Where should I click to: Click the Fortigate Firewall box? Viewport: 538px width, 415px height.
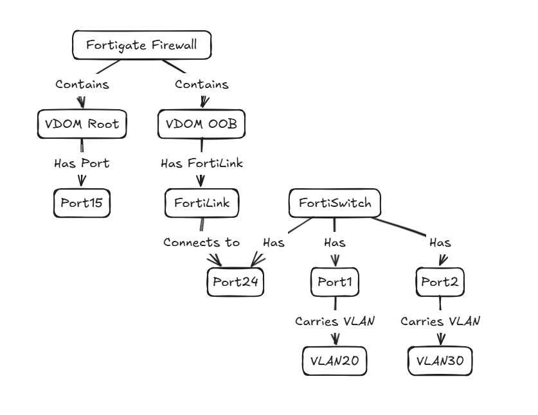(141, 46)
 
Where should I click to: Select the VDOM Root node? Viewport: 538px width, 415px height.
(82, 124)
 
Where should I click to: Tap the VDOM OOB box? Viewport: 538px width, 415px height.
(202, 124)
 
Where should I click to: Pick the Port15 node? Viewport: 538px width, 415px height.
(82, 204)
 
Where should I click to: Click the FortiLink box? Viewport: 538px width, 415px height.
(202, 204)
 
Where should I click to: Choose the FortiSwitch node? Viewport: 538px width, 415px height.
(334, 204)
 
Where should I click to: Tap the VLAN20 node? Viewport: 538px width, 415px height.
(334, 362)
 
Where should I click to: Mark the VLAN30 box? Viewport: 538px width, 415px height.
(440, 362)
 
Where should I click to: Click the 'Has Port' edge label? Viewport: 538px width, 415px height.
(82, 164)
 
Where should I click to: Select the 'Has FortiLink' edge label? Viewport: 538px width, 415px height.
(202, 164)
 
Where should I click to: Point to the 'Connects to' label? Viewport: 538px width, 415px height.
(202, 243)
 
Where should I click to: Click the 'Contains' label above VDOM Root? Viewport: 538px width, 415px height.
(82, 84)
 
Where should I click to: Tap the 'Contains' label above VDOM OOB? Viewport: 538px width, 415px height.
(202, 84)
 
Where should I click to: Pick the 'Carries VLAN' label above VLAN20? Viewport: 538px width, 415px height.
(334, 321)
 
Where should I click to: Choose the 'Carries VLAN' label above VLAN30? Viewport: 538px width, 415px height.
(440, 321)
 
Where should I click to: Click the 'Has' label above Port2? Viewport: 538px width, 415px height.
(440, 243)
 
